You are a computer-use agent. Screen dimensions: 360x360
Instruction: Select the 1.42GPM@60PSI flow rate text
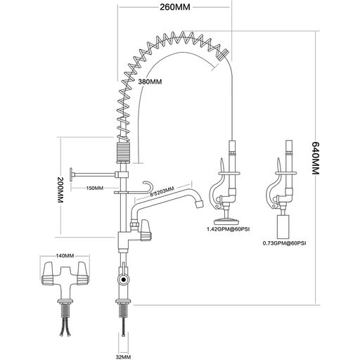pos(226,229)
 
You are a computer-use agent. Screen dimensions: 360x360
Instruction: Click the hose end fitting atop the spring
pos(222,53)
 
